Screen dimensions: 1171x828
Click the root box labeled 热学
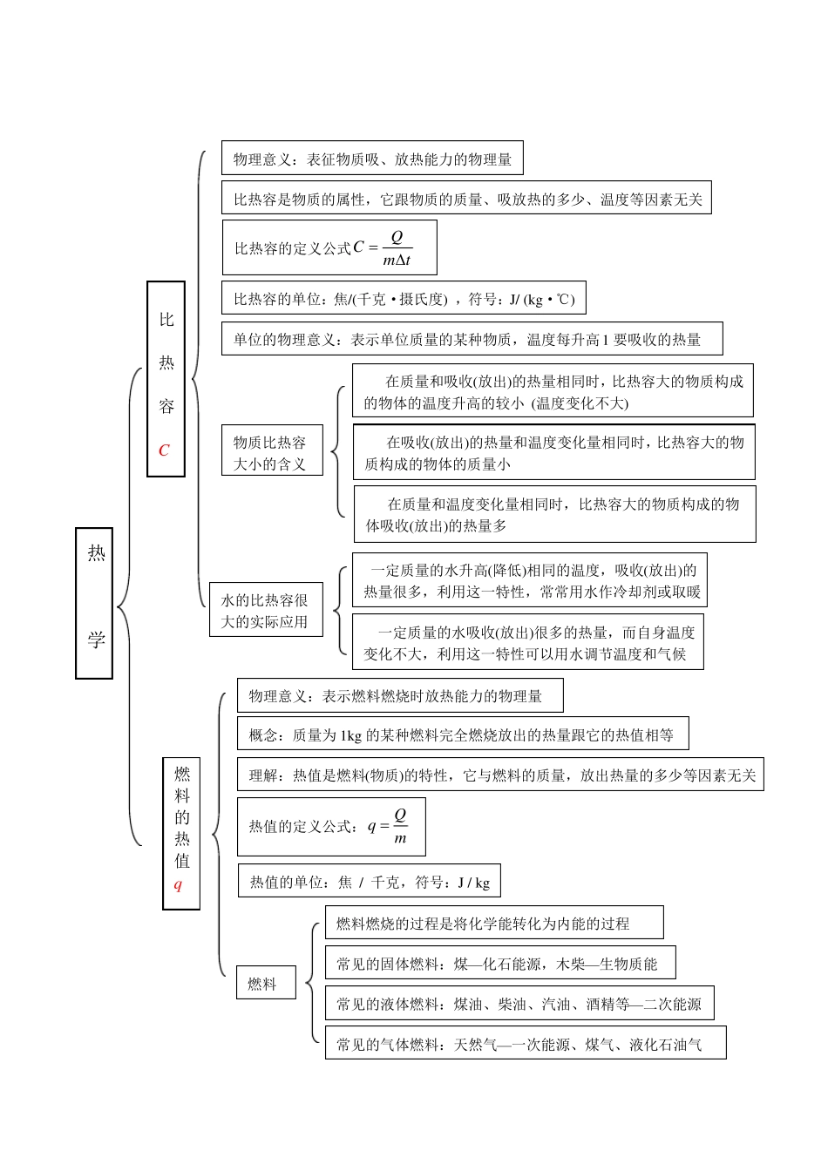[94, 602]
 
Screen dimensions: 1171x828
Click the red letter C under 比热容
[164, 450]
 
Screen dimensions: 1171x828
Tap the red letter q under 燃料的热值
[179, 885]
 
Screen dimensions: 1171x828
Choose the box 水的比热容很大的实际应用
[265, 610]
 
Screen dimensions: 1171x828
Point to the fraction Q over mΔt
[397, 248]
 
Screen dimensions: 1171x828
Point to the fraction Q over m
[400, 826]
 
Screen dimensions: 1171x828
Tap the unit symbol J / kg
[473, 882]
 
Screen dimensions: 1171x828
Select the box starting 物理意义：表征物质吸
[372, 159]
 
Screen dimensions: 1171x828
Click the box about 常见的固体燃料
[499, 963]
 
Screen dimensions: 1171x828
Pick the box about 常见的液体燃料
[519, 1004]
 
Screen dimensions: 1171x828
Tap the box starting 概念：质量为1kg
[462, 734]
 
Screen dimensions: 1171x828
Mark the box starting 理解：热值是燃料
[500, 775]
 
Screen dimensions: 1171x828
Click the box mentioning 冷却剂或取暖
[530, 581]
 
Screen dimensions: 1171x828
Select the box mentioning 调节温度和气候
[527, 643]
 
